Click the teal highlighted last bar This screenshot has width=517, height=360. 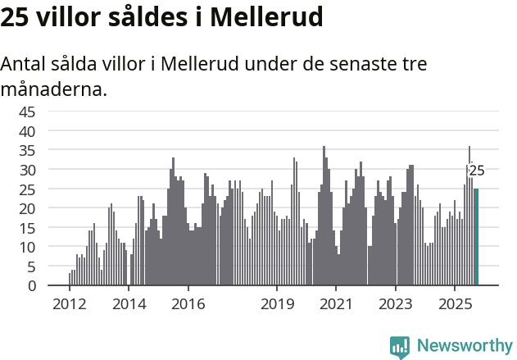pos(476,237)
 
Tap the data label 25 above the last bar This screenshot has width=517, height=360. pos(476,171)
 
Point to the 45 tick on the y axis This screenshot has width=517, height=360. pos(27,112)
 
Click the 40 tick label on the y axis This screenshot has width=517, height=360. pos(27,131)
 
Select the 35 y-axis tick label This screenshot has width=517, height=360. pos(27,150)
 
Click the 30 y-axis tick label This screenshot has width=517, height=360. pos(27,170)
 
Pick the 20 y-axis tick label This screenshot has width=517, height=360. pos(27,208)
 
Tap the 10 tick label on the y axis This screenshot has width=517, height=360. pos(27,247)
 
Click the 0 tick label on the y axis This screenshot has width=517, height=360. pos(32,285)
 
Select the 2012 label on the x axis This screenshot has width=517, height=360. pos(69,305)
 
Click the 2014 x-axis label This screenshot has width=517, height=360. pos(129,305)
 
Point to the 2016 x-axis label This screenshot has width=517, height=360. pos(188,305)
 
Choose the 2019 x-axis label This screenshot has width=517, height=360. pos(277,305)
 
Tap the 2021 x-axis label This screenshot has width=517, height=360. pos(336,305)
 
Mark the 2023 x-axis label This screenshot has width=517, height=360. pos(396,305)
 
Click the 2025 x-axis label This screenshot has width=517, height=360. pos(455,305)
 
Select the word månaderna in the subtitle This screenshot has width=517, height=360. pos(54,89)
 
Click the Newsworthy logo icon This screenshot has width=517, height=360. pos(400,347)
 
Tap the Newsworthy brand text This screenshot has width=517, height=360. pos(464,347)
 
